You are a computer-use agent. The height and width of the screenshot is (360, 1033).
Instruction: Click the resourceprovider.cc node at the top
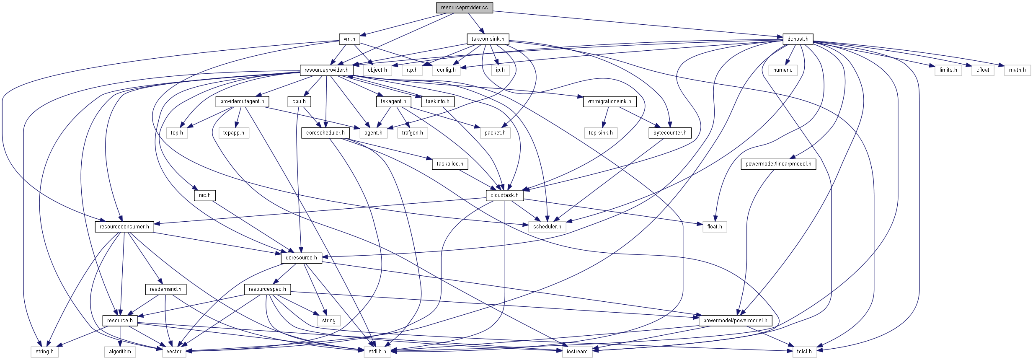(464, 8)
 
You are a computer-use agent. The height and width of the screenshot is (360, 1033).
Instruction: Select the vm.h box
(349, 39)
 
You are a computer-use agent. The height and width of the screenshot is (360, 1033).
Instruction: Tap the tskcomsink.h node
(488, 39)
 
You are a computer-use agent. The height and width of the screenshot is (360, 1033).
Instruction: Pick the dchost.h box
(798, 39)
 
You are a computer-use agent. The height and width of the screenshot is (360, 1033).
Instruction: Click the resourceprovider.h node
(326, 70)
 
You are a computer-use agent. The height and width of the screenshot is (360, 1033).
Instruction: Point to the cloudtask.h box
(504, 195)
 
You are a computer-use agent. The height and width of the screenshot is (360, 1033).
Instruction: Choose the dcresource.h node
(301, 258)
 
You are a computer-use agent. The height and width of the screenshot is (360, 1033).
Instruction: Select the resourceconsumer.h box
(124, 227)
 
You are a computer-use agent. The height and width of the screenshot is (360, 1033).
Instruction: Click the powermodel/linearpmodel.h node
(778, 164)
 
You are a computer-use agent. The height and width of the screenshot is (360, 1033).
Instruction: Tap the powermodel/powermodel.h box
(735, 321)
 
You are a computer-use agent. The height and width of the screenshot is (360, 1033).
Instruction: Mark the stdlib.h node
(377, 352)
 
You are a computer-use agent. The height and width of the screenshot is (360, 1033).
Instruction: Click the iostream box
(577, 352)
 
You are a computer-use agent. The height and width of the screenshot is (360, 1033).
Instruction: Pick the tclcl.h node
(804, 352)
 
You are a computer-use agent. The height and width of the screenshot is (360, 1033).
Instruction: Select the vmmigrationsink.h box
(609, 101)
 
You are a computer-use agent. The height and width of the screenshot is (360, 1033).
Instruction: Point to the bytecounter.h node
(670, 133)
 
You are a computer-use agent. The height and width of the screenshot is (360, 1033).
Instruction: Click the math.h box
(1017, 70)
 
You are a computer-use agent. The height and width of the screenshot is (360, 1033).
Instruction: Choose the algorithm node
(120, 352)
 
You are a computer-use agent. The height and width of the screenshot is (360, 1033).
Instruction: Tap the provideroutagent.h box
(242, 101)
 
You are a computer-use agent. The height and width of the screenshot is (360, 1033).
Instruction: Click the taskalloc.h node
(450, 164)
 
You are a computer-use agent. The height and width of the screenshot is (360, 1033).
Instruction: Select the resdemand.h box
(165, 289)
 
